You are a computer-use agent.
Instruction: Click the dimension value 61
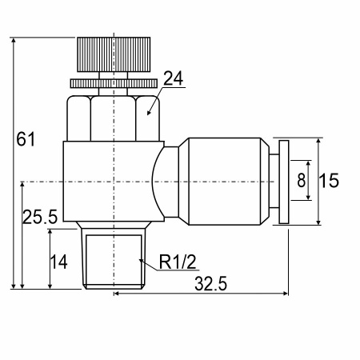26,139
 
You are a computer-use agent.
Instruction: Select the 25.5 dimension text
40,216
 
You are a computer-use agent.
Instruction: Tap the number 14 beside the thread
58,262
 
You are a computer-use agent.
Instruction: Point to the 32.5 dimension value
210,283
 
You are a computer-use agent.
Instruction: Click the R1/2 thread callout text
178,262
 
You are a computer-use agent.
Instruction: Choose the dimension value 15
329,181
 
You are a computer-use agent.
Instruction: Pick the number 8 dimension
302,180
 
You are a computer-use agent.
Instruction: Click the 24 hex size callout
174,78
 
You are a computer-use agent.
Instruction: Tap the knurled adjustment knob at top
114,54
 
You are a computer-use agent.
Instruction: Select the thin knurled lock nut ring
114,83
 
